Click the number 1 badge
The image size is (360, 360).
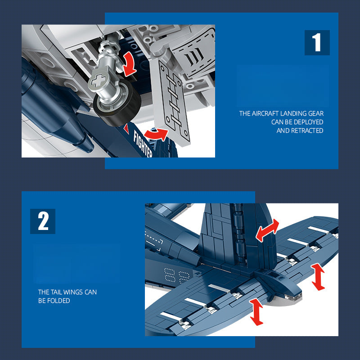[317, 43]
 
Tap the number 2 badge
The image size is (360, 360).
[43, 221]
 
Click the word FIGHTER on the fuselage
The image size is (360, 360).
[143, 143]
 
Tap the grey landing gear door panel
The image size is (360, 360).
[171, 103]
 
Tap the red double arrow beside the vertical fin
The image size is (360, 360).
[267, 230]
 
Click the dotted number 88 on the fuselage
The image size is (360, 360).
[177, 275]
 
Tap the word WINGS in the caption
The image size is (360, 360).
[73, 292]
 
